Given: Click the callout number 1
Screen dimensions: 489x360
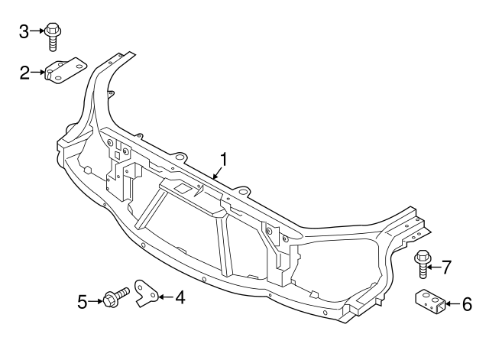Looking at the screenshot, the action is pos(224,160).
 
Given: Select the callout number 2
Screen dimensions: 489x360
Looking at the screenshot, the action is pos(24,73).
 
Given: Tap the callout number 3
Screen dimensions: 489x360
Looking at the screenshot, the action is pos(24,31).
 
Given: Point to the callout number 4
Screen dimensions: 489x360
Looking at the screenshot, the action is pos(180,296).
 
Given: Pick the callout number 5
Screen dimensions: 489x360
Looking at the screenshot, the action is pos(83,301).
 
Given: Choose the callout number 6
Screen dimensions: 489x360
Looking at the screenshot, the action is pos(467,303).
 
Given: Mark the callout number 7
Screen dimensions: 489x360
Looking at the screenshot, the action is pos(446,266).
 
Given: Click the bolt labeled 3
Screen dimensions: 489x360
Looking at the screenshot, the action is pos(52,35).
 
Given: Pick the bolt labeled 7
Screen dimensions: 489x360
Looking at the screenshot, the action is pos(423,262).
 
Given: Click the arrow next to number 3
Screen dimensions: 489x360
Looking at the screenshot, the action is pos(37,31).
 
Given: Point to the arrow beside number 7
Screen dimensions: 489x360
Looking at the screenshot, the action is pos(434,266).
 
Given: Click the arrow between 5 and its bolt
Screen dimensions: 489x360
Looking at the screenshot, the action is pos(96,301).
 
